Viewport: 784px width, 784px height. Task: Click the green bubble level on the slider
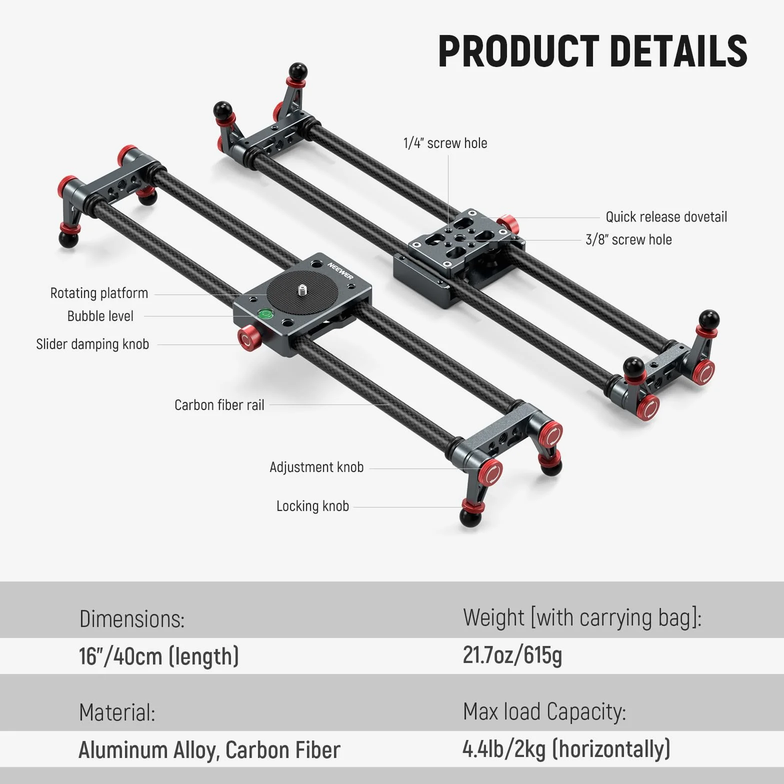tap(265, 314)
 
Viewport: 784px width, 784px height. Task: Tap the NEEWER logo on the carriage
tap(340, 270)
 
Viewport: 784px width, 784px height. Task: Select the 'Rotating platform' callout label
tap(99, 293)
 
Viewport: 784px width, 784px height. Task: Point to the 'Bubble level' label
tap(100, 316)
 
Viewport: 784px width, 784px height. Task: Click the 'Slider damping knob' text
tap(92, 344)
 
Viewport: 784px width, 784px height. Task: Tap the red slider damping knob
tap(247, 337)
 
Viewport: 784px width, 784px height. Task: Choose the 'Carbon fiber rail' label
tap(219, 405)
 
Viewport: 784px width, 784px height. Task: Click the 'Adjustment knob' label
tap(316, 467)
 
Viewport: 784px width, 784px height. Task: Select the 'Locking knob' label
tap(312, 506)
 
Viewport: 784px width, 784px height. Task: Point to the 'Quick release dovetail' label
tap(666, 217)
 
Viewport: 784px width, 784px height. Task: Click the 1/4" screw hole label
tap(445, 143)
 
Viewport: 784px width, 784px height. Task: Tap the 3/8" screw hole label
tap(628, 239)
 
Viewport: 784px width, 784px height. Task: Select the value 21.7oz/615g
tap(512, 655)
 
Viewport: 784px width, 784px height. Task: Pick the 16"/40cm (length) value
tap(158, 656)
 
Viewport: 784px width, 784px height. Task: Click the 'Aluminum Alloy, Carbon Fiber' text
tap(209, 750)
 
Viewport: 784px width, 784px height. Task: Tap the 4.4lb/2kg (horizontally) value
tap(566, 749)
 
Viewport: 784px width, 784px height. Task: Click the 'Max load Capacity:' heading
tap(544, 711)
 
